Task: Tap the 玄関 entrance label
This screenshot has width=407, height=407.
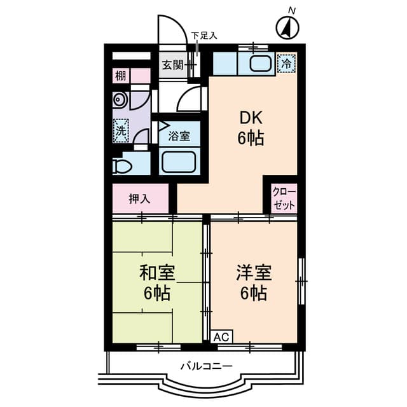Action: tap(170, 65)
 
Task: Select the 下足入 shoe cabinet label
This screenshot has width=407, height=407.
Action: tap(204, 36)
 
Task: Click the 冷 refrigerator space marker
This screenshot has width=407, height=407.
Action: tap(287, 63)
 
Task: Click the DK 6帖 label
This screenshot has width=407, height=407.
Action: tap(251, 127)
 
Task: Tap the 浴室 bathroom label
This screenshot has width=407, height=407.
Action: tap(179, 136)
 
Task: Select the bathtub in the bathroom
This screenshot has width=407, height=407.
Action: tap(179, 161)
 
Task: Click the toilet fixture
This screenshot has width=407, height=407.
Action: tap(123, 166)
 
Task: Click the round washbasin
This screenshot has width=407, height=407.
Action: tap(119, 100)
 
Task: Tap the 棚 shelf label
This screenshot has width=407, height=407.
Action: tap(121, 76)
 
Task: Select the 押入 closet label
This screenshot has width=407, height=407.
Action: tap(140, 198)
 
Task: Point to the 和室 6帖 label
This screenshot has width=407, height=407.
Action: tap(156, 283)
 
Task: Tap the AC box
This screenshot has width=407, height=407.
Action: tap(221, 336)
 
